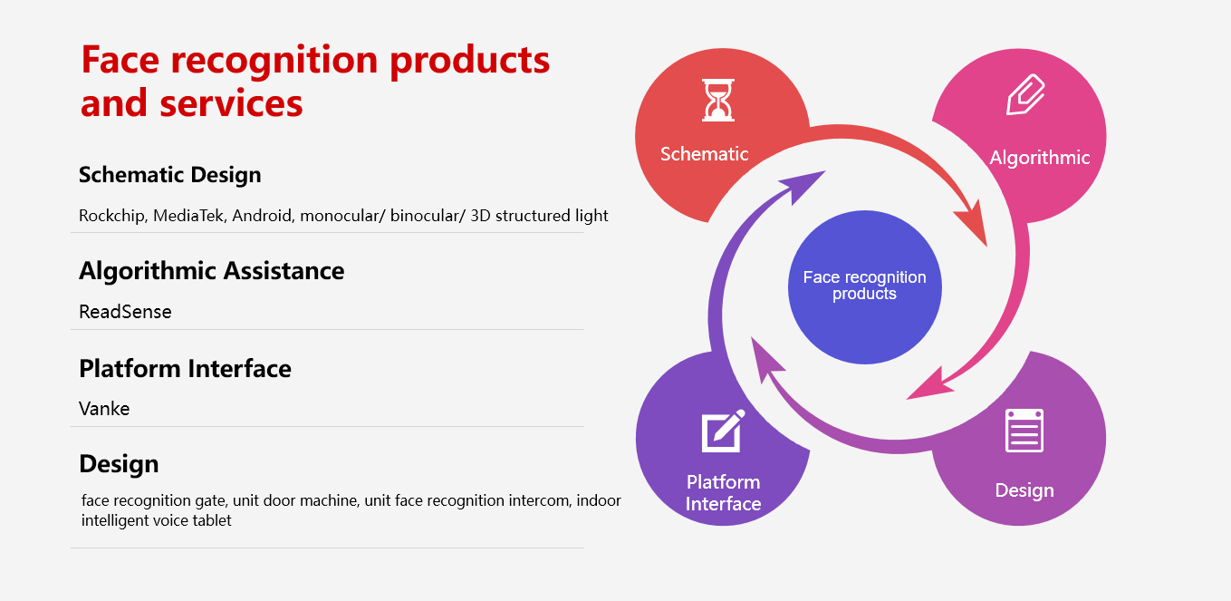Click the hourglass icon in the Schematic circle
coord(718,100)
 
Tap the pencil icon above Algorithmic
coord(1025,94)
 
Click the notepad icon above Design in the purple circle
coord(1024,431)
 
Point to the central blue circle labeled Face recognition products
coord(864,287)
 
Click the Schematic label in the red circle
coord(704,154)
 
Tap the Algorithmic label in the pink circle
coord(1040,158)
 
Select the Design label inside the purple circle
coord(1024,490)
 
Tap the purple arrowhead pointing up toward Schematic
coord(803,185)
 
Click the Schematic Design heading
coord(169,176)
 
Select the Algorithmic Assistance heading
coord(212,271)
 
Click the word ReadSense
coord(125,312)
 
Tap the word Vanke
coord(104,409)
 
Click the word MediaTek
coord(189,216)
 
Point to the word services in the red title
coord(231,104)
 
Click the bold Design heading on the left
coord(119,465)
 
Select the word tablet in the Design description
coord(212,520)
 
